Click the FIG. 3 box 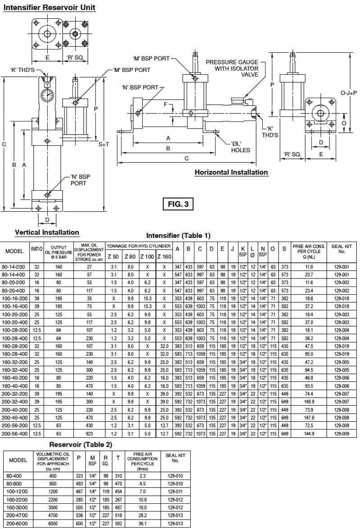pyautogui.click(x=178, y=204)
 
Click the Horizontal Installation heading pyautogui.click(x=231, y=172)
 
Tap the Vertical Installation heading pyautogui.click(x=47, y=233)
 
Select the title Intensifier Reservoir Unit pyautogui.click(x=49, y=8)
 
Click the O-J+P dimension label pyautogui.click(x=348, y=93)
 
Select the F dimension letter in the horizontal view pyautogui.click(x=165, y=104)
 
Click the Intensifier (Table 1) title pyautogui.click(x=178, y=235)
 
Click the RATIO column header pyautogui.click(x=36, y=249)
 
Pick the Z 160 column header pyautogui.click(x=164, y=256)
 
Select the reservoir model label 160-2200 pyautogui.click(x=18, y=500)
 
